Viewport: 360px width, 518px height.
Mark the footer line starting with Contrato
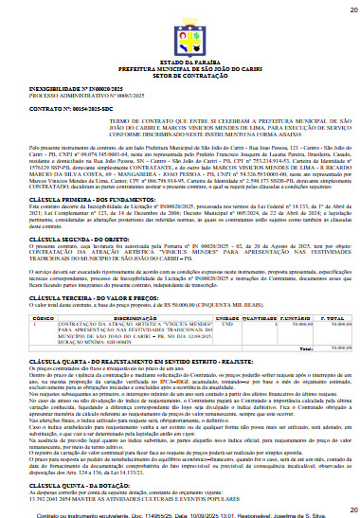click(180, 511)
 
